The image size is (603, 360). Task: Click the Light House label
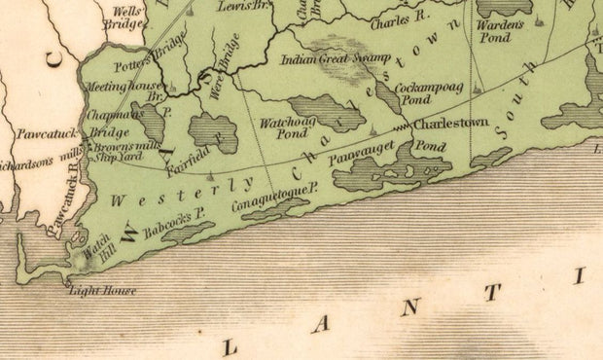point(102,291)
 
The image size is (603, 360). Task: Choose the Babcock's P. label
point(173,224)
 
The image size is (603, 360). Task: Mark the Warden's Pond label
point(495,33)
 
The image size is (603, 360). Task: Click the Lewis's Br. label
point(243,6)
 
